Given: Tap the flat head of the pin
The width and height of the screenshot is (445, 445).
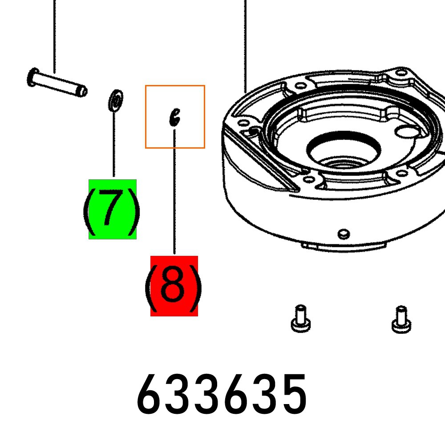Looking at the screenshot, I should tap(32, 77).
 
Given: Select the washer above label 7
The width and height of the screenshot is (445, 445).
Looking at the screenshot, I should tap(115, 101).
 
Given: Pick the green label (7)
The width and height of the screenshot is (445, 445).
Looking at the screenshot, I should tap(112, 209).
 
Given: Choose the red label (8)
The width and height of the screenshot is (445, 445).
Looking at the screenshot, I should tap(174, 286).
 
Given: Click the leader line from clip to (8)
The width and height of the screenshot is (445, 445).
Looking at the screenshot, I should tap(174, 191).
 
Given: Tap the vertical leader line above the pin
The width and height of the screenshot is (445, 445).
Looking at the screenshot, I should tap(54, 36).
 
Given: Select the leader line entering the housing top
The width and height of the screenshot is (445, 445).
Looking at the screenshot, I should tap(245, 44).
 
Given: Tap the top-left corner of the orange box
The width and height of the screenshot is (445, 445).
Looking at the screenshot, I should tap(146, 86).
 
